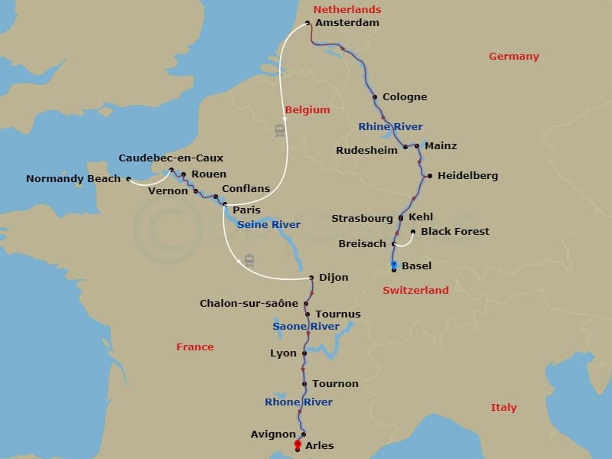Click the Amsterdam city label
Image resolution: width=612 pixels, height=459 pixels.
pyautogui.click(x=347, y=23)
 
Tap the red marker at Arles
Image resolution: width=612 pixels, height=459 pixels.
pyautogui.click(x=298, y=444)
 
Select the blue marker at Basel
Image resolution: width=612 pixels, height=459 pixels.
pyautogui.click(x=394, y=265)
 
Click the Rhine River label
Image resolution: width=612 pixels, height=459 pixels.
pyautogui.click(x=390, y=126)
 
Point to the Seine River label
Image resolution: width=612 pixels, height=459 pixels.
pyautogui.click(x=269, y=224)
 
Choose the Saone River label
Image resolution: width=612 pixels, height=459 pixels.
pyautogui.click(x=306, y=327)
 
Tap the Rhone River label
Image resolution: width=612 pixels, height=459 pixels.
pyautogui.click(x=298, y=402)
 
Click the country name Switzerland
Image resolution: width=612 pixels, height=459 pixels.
pyautogui.click(x=415, y=290)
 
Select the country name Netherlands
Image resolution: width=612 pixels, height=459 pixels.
pyautogui.click(x=347, y=9)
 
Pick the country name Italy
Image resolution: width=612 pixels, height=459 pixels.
pyautogui.click(x=503, y=408)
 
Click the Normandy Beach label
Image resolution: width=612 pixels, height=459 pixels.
pyautogui.click(x=73, y=178)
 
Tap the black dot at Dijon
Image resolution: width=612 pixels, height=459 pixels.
pyautogui.click(x=312, y=278)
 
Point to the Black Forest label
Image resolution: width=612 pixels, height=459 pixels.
pyautogui.click(x=455, y=231)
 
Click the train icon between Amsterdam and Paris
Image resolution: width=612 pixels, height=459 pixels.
pyautogui.click(x=280, y=130)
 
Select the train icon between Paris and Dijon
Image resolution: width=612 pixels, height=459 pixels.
pyautogui.click(x=249, y=260)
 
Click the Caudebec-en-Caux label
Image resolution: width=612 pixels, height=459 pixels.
pyautogui.click(x=171, y=158)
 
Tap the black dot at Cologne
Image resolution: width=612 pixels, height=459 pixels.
pyautogui.click(x=374, y=97)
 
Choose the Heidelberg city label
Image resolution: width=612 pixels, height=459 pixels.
pyautogui.click(x=467, y=175)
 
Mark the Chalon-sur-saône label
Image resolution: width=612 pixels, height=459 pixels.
pyautogui.click(x=249, y=303)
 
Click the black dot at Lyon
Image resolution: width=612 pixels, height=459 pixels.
pyautogui.click(x=304, y=353)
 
